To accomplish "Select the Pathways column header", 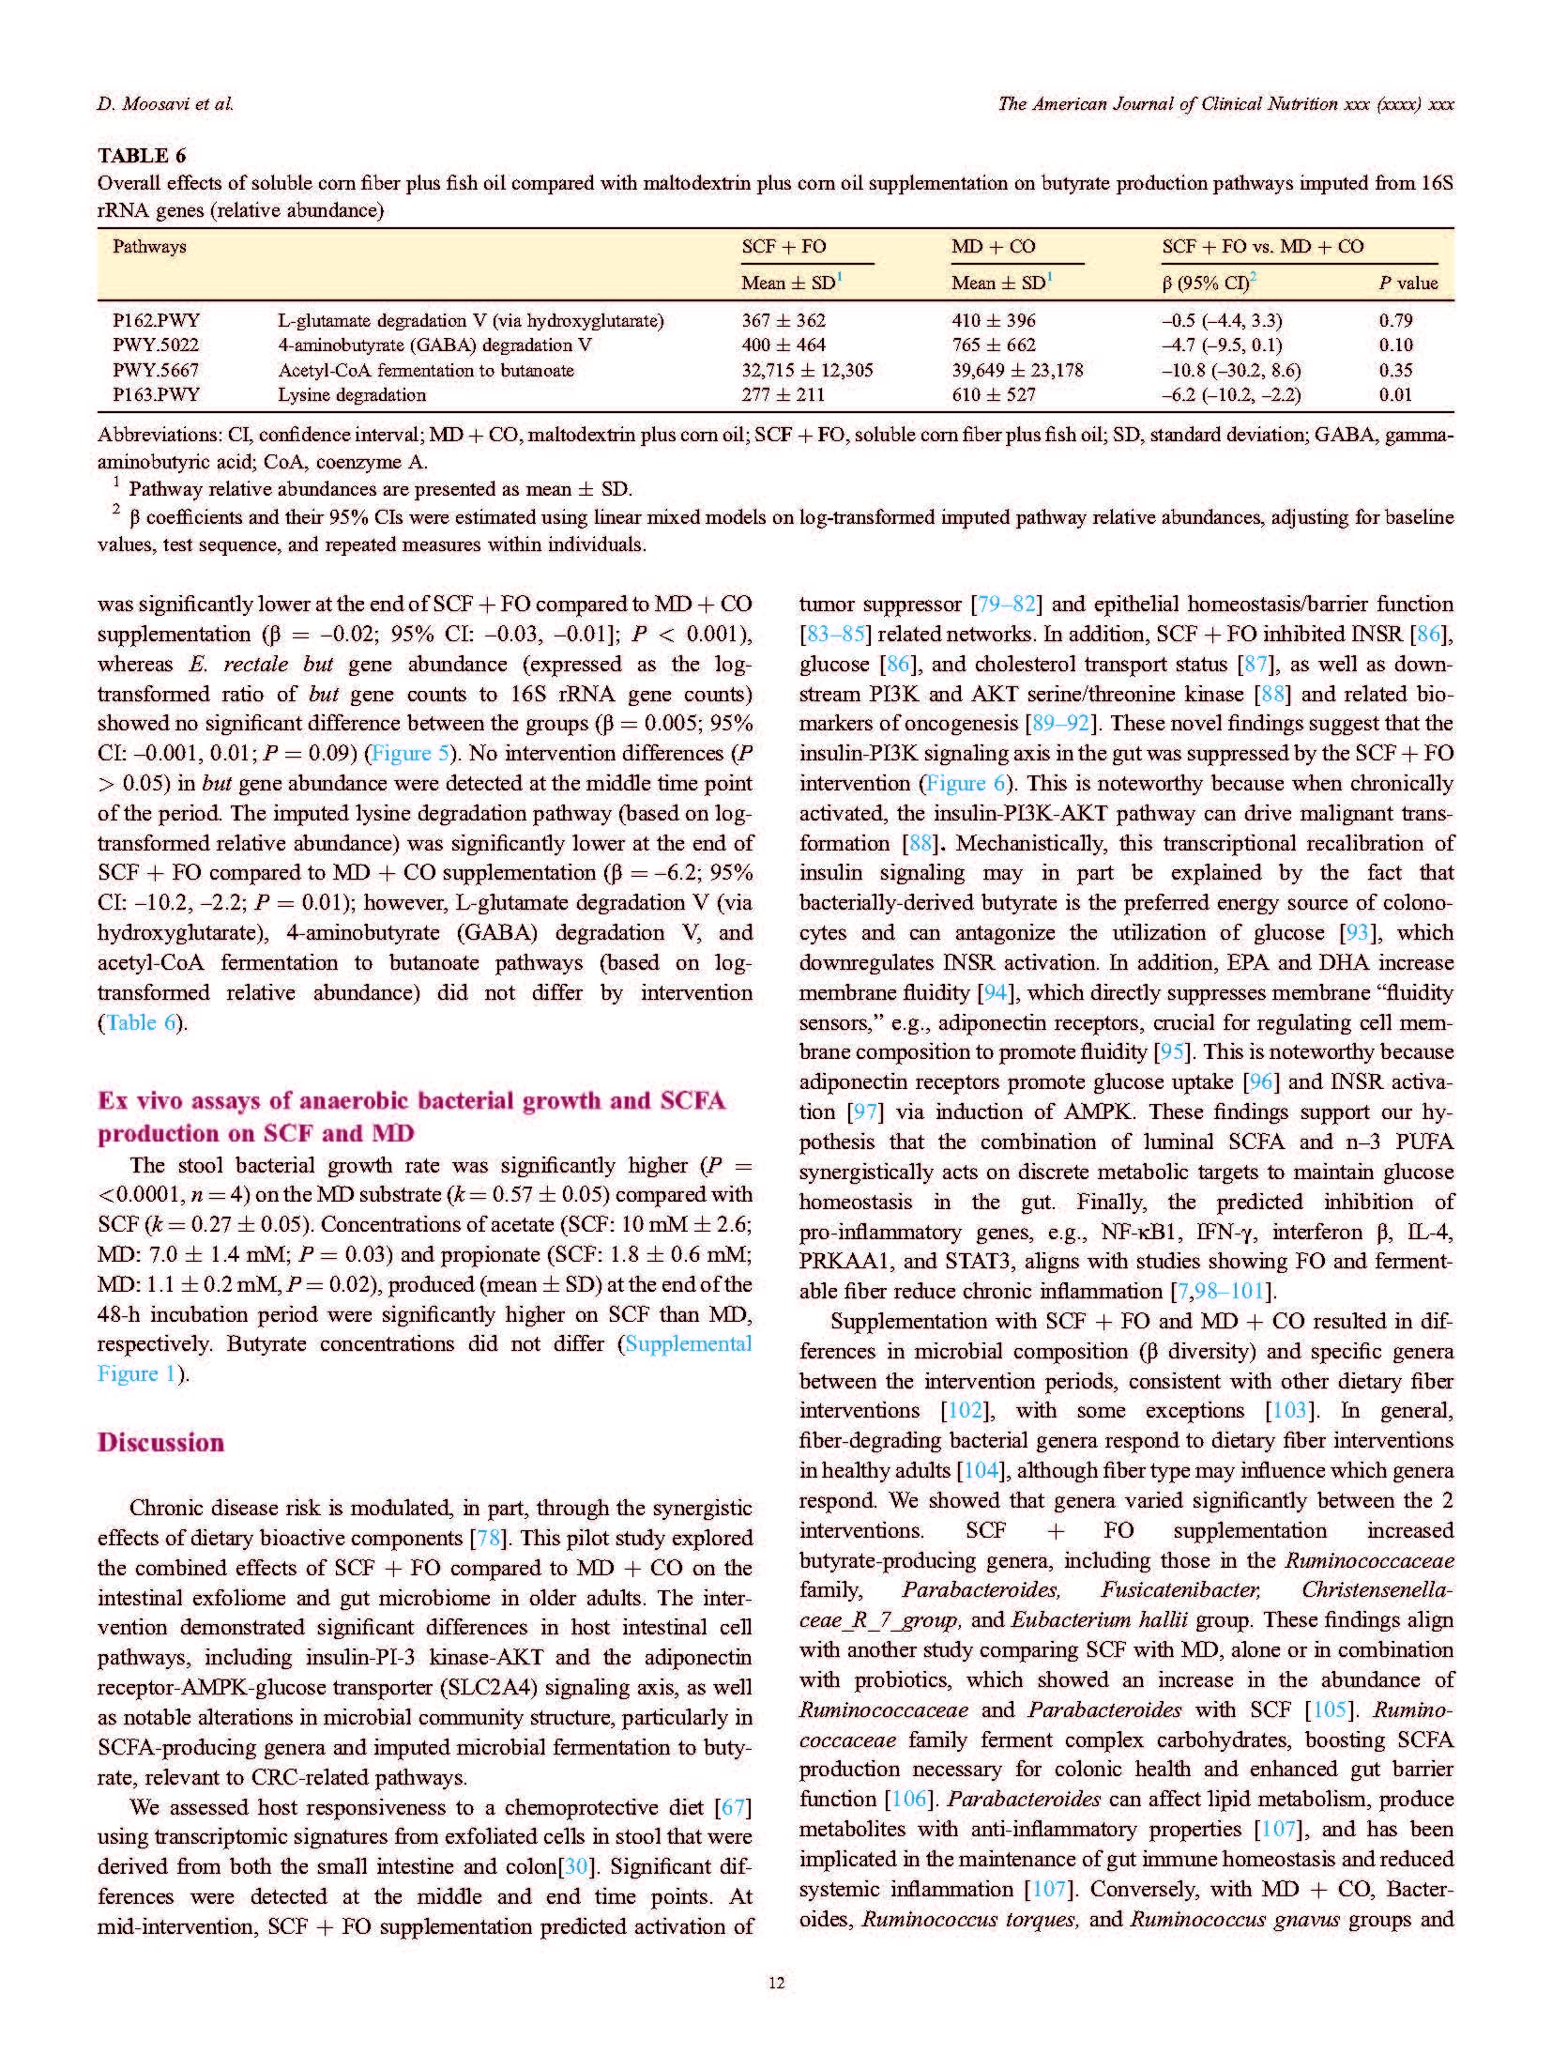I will click(149, 247).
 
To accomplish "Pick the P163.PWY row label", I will click(156, 394).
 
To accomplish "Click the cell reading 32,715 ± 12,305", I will click(806, 370).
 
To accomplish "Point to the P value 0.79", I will click(1395, 320).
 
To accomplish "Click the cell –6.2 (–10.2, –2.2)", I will click(1231, 394).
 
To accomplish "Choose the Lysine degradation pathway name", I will click(351, 394).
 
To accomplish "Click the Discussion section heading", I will click(160, 1442).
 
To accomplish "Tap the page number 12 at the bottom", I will click(775, 1983).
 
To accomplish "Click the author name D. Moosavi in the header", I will click(164, 104).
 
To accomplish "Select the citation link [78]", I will click(490, 1538).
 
